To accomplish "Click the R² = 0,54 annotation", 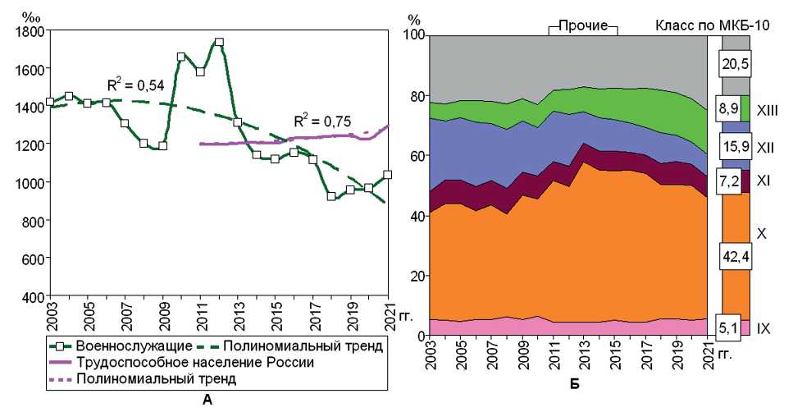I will click(x=133, y=85).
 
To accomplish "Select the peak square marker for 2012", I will click(x=218, y=42).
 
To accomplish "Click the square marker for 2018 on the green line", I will click(x=330, y=196).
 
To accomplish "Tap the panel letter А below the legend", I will click(x=206, y=400).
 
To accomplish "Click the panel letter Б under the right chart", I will click(x=574, y=383).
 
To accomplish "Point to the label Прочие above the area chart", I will click(x=582, y=25).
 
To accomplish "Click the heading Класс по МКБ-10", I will click(x=712, y=25).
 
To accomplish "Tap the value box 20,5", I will click(x=736, y=63).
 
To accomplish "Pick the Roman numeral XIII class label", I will click(x=768, y=108).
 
